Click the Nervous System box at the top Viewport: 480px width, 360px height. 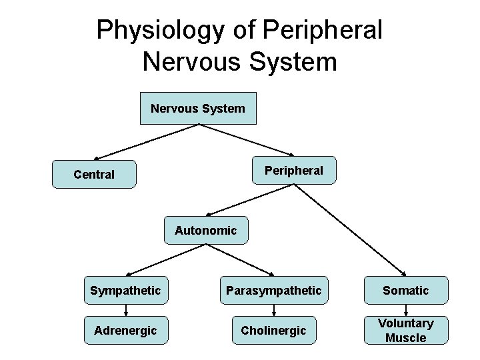click(x=198, y=108)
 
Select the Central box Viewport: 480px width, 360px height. click(x=94, y=175)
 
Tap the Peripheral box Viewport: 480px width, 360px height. click(x=293, y=171)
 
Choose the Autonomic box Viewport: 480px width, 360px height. click(x=205, y=231)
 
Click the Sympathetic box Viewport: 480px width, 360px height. click(x=125, y=291)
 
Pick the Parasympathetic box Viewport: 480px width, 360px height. click(x=273, y=291)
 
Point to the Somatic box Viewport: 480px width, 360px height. click(x=405, y=291)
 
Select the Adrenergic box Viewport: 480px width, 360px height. click(x=125, y=330)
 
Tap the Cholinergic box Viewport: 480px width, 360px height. click(x=273, y=330)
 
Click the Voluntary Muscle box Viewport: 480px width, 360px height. click(x=405, y=330)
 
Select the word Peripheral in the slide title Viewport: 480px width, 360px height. click(x=323, y=30)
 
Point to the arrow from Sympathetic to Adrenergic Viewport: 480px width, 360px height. click(x=125, y=311)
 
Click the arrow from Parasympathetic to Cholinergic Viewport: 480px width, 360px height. click(x=273, y=311)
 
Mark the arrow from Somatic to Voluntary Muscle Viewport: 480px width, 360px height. click(x=405, y=311)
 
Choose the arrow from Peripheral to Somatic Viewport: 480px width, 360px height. click(x=350, y=229)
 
